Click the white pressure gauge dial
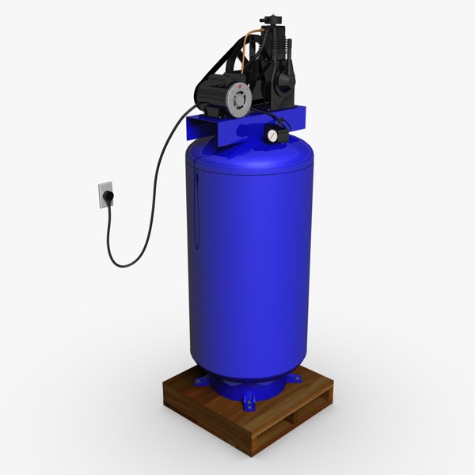[272, 135]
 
